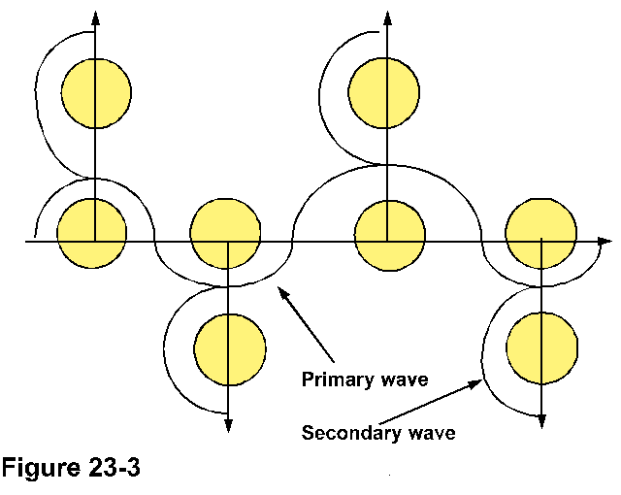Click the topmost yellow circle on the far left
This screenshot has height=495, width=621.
96,92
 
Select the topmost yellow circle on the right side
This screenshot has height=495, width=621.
386,92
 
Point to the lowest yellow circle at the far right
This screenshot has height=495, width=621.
540,346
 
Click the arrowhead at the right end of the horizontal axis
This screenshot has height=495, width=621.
605,240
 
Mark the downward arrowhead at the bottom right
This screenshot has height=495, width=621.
541,418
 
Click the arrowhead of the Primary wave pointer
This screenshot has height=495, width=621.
280,290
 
